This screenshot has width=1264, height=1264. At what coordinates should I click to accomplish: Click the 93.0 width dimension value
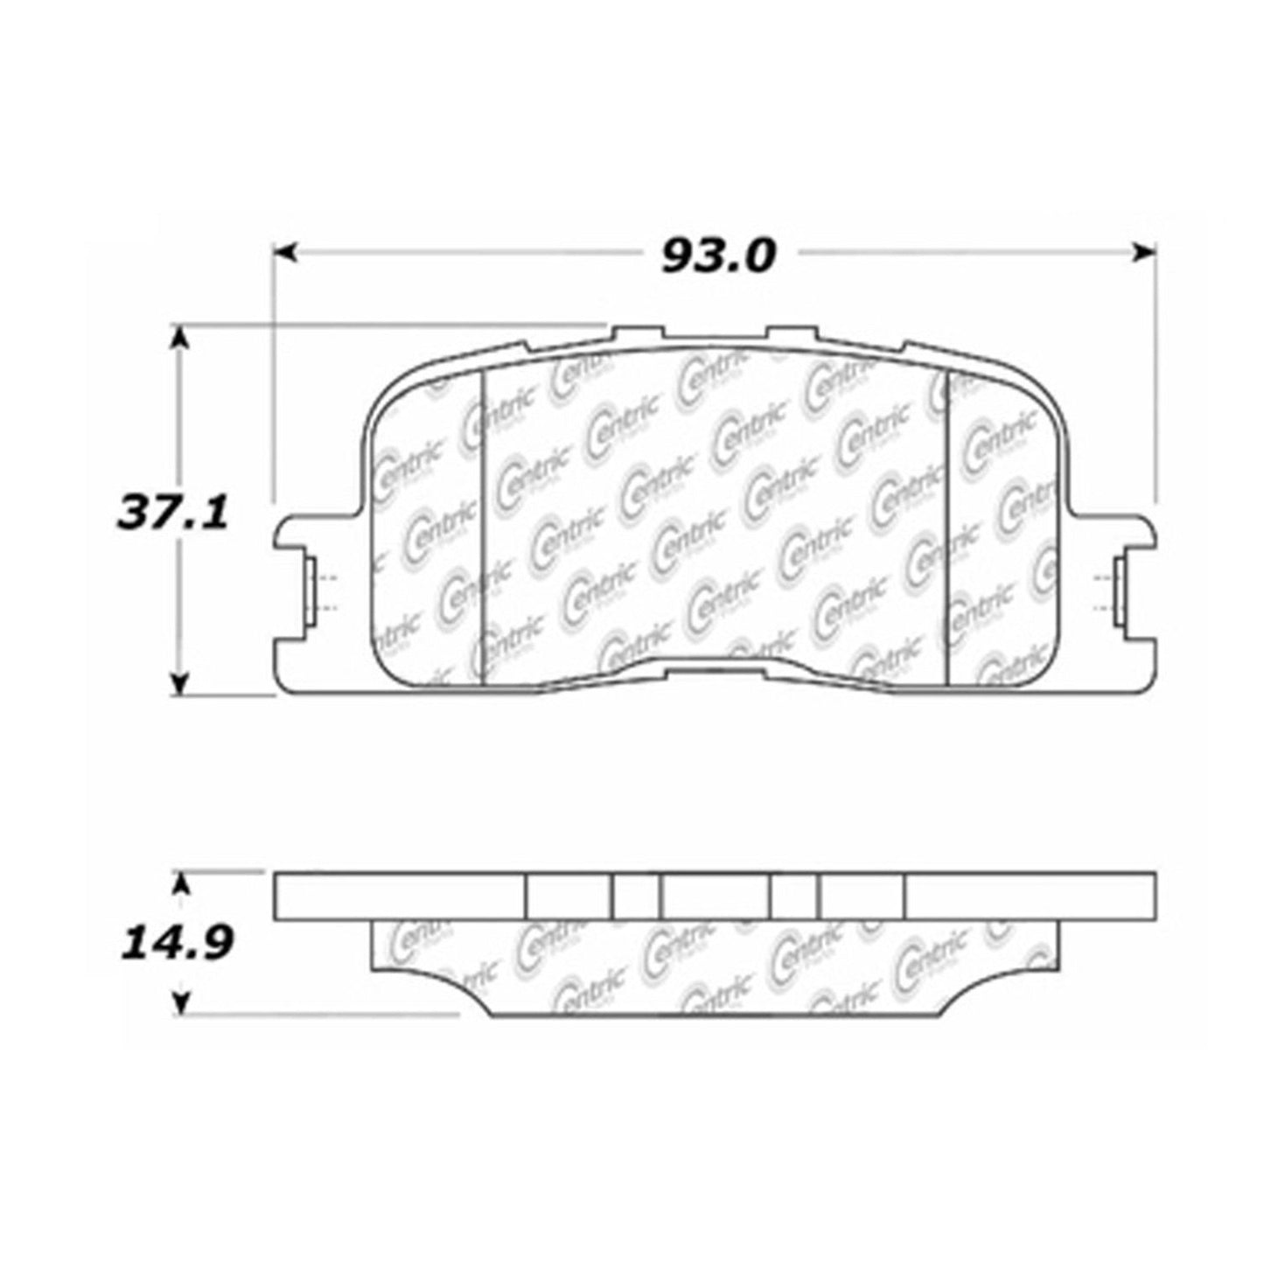pos(717,255)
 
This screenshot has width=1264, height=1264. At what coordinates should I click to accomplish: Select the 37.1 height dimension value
pos(172,513)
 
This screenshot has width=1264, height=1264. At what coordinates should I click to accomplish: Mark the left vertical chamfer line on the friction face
pos(483,525)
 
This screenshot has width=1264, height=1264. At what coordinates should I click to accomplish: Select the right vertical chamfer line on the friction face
pos(948,525)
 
